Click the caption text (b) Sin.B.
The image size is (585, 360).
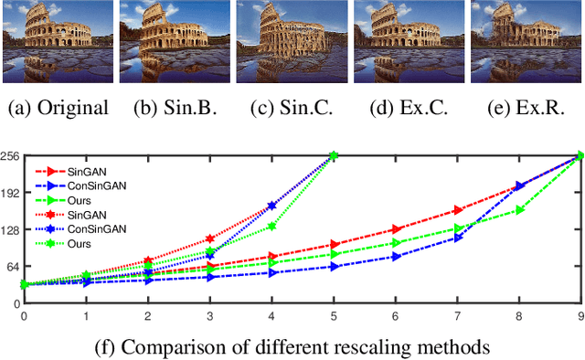point(174,108)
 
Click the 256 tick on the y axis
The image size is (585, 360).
point(11,156)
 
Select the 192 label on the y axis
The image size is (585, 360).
point(11,195)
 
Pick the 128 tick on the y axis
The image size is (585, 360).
point(11,233)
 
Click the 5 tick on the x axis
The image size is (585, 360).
point(334,315)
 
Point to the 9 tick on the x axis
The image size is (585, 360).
point(580,315)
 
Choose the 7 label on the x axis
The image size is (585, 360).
point(457,315)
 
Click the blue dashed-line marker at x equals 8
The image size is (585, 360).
point(519,185)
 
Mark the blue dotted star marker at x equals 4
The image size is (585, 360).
point(271,206)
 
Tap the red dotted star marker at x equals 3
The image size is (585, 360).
point(209,238)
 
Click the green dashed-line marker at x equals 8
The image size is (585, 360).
point(519,210)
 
